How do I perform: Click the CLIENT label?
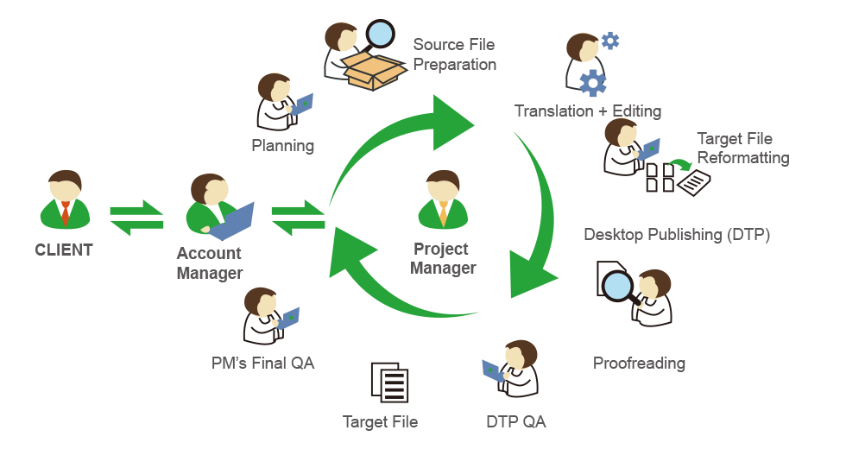(x=64, y=250)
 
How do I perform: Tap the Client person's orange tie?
(x=66, y=212)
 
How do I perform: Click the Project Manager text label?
(x=442, y=258)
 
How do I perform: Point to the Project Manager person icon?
(x=442, y=199)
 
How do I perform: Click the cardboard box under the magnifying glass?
(x=374, y=68)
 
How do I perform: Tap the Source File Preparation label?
(x=454, y=54)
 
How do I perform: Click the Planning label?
(x=282, y=145)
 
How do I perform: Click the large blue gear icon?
(x=593, y=84)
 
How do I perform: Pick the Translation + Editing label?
(x=587, y=111)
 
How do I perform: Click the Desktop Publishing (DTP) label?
(x=676, y=234)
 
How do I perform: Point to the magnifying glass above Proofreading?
(x=618, y=284)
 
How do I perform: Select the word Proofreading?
(x=638, y=363)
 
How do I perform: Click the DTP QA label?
(x=515, y=421)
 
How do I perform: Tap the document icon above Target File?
(x=389, y=383)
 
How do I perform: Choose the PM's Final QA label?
(x=262, y=363)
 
